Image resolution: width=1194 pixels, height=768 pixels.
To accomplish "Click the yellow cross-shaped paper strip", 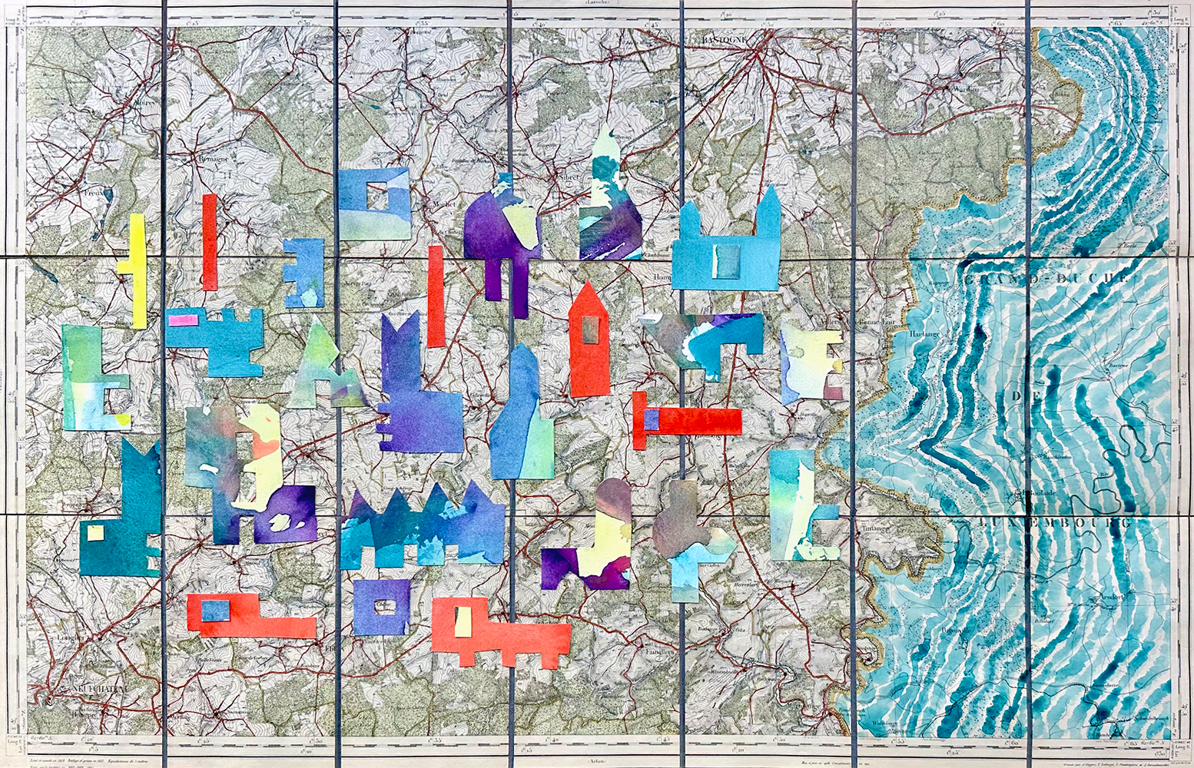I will point(137,269).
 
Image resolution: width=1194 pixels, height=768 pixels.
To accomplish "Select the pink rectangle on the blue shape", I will point(183,319).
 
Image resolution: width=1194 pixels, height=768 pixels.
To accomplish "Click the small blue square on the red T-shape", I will point(651,419).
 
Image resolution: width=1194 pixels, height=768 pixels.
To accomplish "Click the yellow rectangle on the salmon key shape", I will point(463,621).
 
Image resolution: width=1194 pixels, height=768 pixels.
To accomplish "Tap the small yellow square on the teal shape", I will point(95,533).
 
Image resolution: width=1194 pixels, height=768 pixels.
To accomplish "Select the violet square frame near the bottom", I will point(382,607).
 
